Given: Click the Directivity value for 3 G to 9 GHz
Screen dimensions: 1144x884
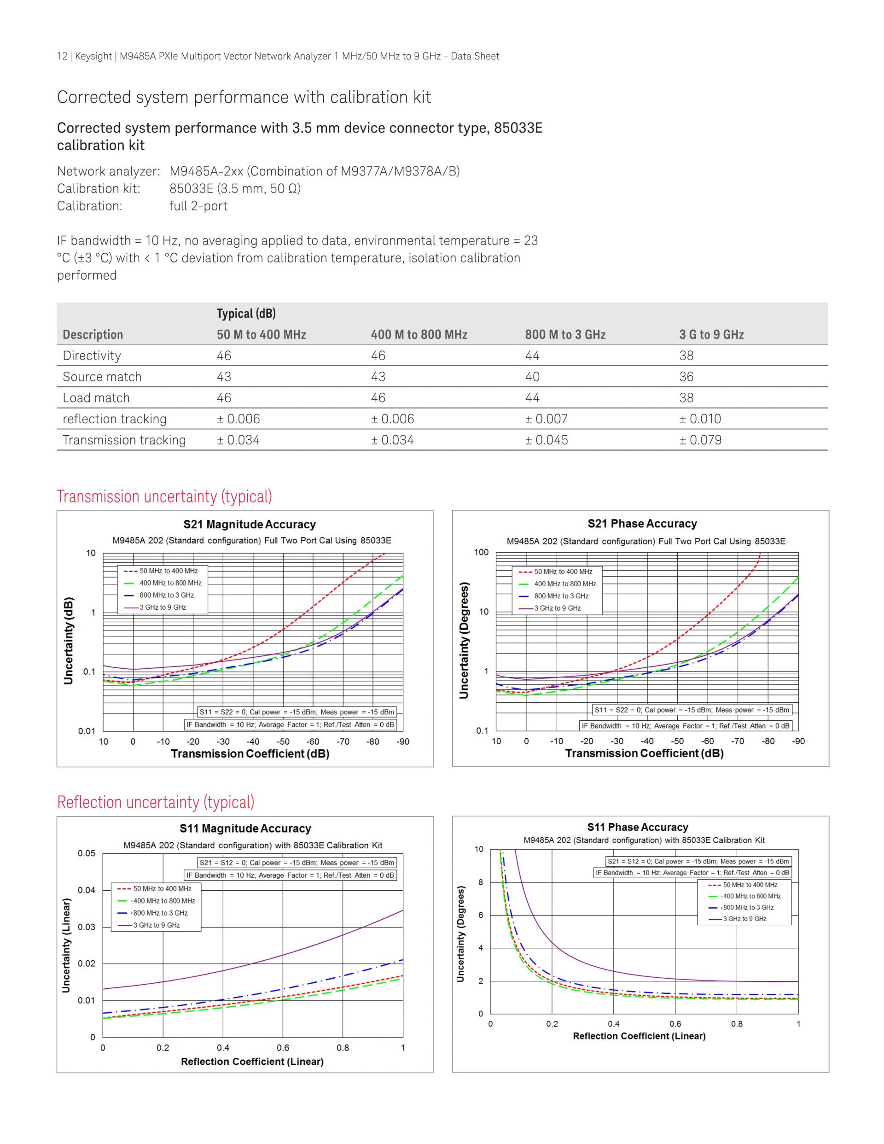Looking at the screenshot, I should point(686,356).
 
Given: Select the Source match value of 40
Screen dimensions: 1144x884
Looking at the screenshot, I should point(532,377).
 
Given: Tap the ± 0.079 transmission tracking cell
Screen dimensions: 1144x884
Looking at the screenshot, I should point(700,440).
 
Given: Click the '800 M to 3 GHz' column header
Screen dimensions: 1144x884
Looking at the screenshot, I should point(565,335).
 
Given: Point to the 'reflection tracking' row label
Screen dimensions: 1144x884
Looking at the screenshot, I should point(114,419).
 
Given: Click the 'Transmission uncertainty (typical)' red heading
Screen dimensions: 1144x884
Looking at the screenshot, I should point(164,496).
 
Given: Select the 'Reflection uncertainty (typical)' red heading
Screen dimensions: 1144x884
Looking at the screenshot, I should point(156,802).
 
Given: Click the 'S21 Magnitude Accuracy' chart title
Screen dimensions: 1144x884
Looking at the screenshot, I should point(249,524).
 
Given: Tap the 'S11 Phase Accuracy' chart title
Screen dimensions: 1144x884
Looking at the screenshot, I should point(637,827).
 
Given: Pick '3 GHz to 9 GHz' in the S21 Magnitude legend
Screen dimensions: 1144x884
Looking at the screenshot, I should point(163,607).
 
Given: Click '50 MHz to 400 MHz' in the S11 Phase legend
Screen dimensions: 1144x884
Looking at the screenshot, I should point(750,885).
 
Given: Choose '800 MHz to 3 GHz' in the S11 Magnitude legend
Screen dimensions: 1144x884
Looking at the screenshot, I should point(160,913).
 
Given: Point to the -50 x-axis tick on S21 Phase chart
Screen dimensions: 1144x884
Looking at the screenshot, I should point(677,741).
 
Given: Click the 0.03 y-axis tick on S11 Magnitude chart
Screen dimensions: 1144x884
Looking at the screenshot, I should point(87,927).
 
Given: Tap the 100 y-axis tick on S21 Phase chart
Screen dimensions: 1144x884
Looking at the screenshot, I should point(481,552).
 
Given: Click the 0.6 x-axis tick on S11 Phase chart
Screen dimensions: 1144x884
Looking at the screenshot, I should point(675,1023).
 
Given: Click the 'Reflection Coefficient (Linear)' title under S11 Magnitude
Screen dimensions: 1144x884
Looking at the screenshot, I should point(252,1061).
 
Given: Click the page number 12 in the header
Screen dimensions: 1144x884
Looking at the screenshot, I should point(62,56).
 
